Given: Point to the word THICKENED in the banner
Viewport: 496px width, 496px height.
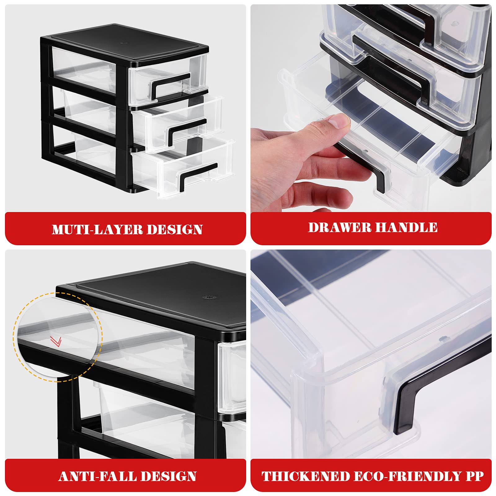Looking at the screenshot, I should [305, 476].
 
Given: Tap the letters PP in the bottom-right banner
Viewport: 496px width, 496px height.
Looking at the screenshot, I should [474, 476].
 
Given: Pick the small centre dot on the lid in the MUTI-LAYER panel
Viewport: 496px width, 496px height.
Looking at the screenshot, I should [125, 43].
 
